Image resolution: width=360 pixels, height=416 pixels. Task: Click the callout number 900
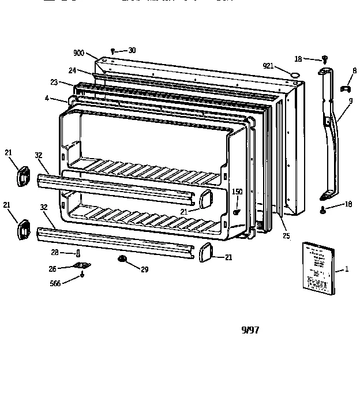pyautogui.click(x=78, y=53)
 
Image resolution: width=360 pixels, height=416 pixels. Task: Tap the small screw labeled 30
pyautogui.click(x=112, y=51)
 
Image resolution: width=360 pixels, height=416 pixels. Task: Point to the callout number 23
pyautogui.click(x=54, y=83)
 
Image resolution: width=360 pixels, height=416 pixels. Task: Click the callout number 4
pyautogui.click(x=47, y=99)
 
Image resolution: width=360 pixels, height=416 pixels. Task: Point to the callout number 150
pyautogui.click(x=237, y=192)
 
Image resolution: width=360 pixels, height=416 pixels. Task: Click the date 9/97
pyautogui.click(x=250, y=330)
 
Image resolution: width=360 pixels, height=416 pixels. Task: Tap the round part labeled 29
pyautogui.click(x=122, y=258)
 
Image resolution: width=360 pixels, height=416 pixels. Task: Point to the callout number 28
pyautogui.click(x=55, y=252)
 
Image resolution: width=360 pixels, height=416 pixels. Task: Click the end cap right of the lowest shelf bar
pyautogui.click(x=206, y=253)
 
